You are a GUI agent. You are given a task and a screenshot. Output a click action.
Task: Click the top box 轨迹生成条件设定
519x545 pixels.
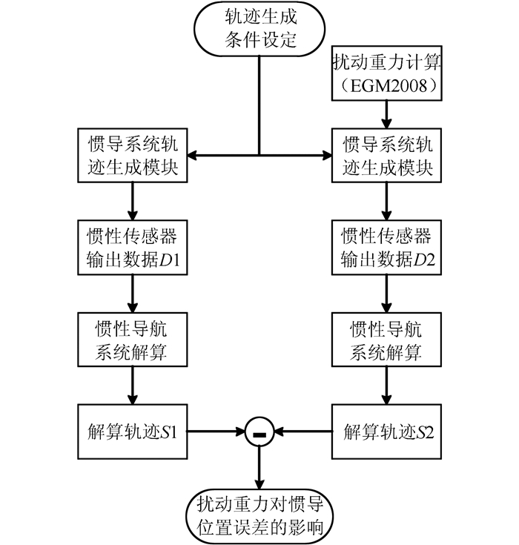point(259,27)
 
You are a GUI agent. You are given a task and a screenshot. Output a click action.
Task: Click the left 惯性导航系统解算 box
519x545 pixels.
point(131,339)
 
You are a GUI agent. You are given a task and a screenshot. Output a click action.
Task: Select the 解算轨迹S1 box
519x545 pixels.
point(131,429)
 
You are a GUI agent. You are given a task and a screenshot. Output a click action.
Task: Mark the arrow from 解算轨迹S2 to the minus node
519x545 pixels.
point(304,429)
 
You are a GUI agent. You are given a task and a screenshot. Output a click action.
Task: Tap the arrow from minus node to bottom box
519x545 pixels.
point(259,467)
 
